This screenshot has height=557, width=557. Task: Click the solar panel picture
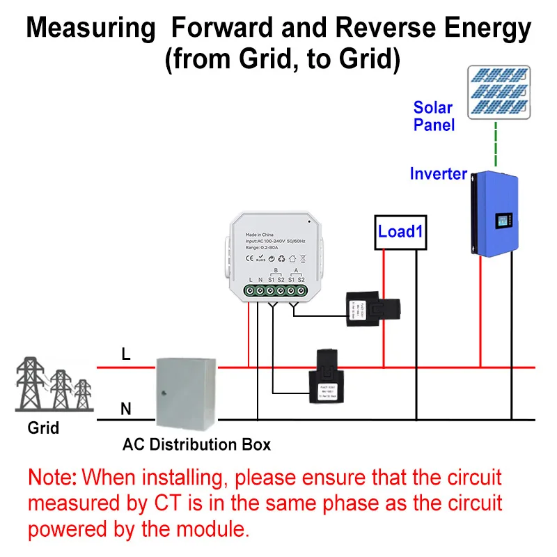coord(498,93)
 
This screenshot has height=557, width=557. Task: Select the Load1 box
coord(400,231)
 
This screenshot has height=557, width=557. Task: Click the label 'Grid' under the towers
coord(43,428)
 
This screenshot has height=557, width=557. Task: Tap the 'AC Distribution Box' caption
coord(196,444)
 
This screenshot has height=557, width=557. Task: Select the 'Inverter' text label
coord(438,174)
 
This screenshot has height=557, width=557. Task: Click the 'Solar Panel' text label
coord(433,116)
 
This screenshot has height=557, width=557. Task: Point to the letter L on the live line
coord(126,354)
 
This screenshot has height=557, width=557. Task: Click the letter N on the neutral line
coord(126,409)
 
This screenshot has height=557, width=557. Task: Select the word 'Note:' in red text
coord(53,478)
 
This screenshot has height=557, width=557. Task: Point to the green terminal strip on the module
coord(276,290)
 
